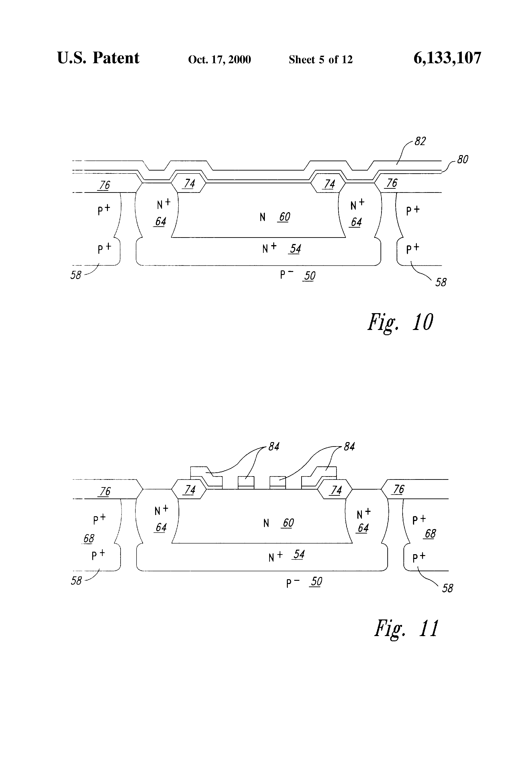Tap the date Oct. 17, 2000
[x=219, y=59]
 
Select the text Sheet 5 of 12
[x=321, y=59]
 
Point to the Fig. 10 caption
[x=400, y=322]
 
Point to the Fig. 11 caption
[x=406, y=628]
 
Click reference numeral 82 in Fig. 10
[x=420, y=141]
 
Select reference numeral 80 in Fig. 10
[x=462, y=159]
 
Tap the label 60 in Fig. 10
[x=284, y=217]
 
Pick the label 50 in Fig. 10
[x=309, y=276]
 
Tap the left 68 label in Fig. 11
[x=89, y=538]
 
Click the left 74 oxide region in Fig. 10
[x=189, y=184]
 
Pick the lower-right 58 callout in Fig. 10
[x=441, y=282]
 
